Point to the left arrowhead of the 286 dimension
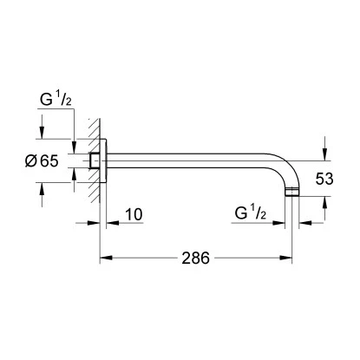[104, 259]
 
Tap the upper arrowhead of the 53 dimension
[327, 157]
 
